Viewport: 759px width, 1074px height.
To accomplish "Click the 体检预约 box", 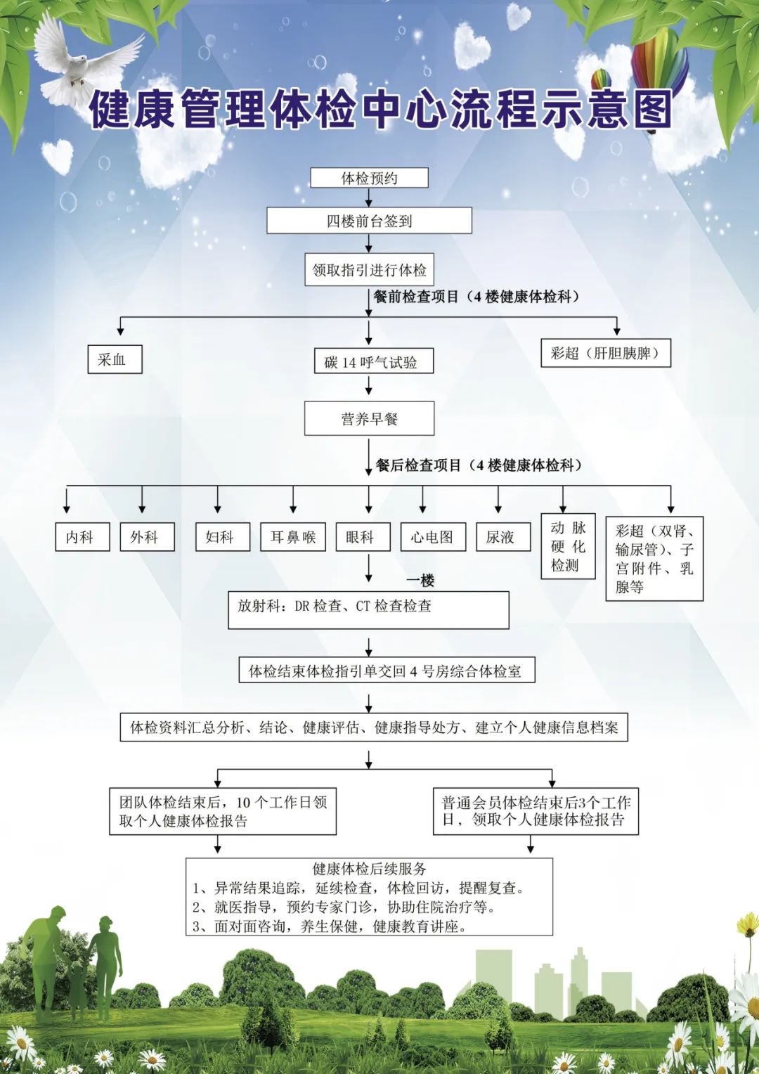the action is tap(369, 178).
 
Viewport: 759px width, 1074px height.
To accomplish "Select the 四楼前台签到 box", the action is tap(369, 221).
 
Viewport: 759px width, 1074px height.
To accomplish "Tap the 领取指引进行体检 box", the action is tap(369, 269).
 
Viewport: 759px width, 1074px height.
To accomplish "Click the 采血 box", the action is tap(115, 359).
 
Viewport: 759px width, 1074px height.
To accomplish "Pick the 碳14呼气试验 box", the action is tap(373, 361).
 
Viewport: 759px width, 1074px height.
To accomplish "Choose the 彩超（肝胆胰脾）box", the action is tap(606, 354).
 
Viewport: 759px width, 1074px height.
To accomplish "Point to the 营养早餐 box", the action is tap(369, 419).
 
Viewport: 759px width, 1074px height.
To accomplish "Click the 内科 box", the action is tap(82, 537).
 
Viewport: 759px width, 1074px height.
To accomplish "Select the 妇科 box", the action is tap(223, 537).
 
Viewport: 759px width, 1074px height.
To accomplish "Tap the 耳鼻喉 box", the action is tap(293, 537).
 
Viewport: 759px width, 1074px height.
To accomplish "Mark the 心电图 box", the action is tap(433, 537).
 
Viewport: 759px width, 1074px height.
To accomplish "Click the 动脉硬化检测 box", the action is tap(568, 546).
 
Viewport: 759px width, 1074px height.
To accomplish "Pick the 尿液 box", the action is tap(503, 537).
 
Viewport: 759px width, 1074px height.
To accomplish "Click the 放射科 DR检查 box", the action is tap(368, 610).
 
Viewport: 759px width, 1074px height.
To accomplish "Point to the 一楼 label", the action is tap(420, 581).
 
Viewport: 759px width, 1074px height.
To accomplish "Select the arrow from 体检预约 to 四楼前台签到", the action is tap(369, 198).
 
